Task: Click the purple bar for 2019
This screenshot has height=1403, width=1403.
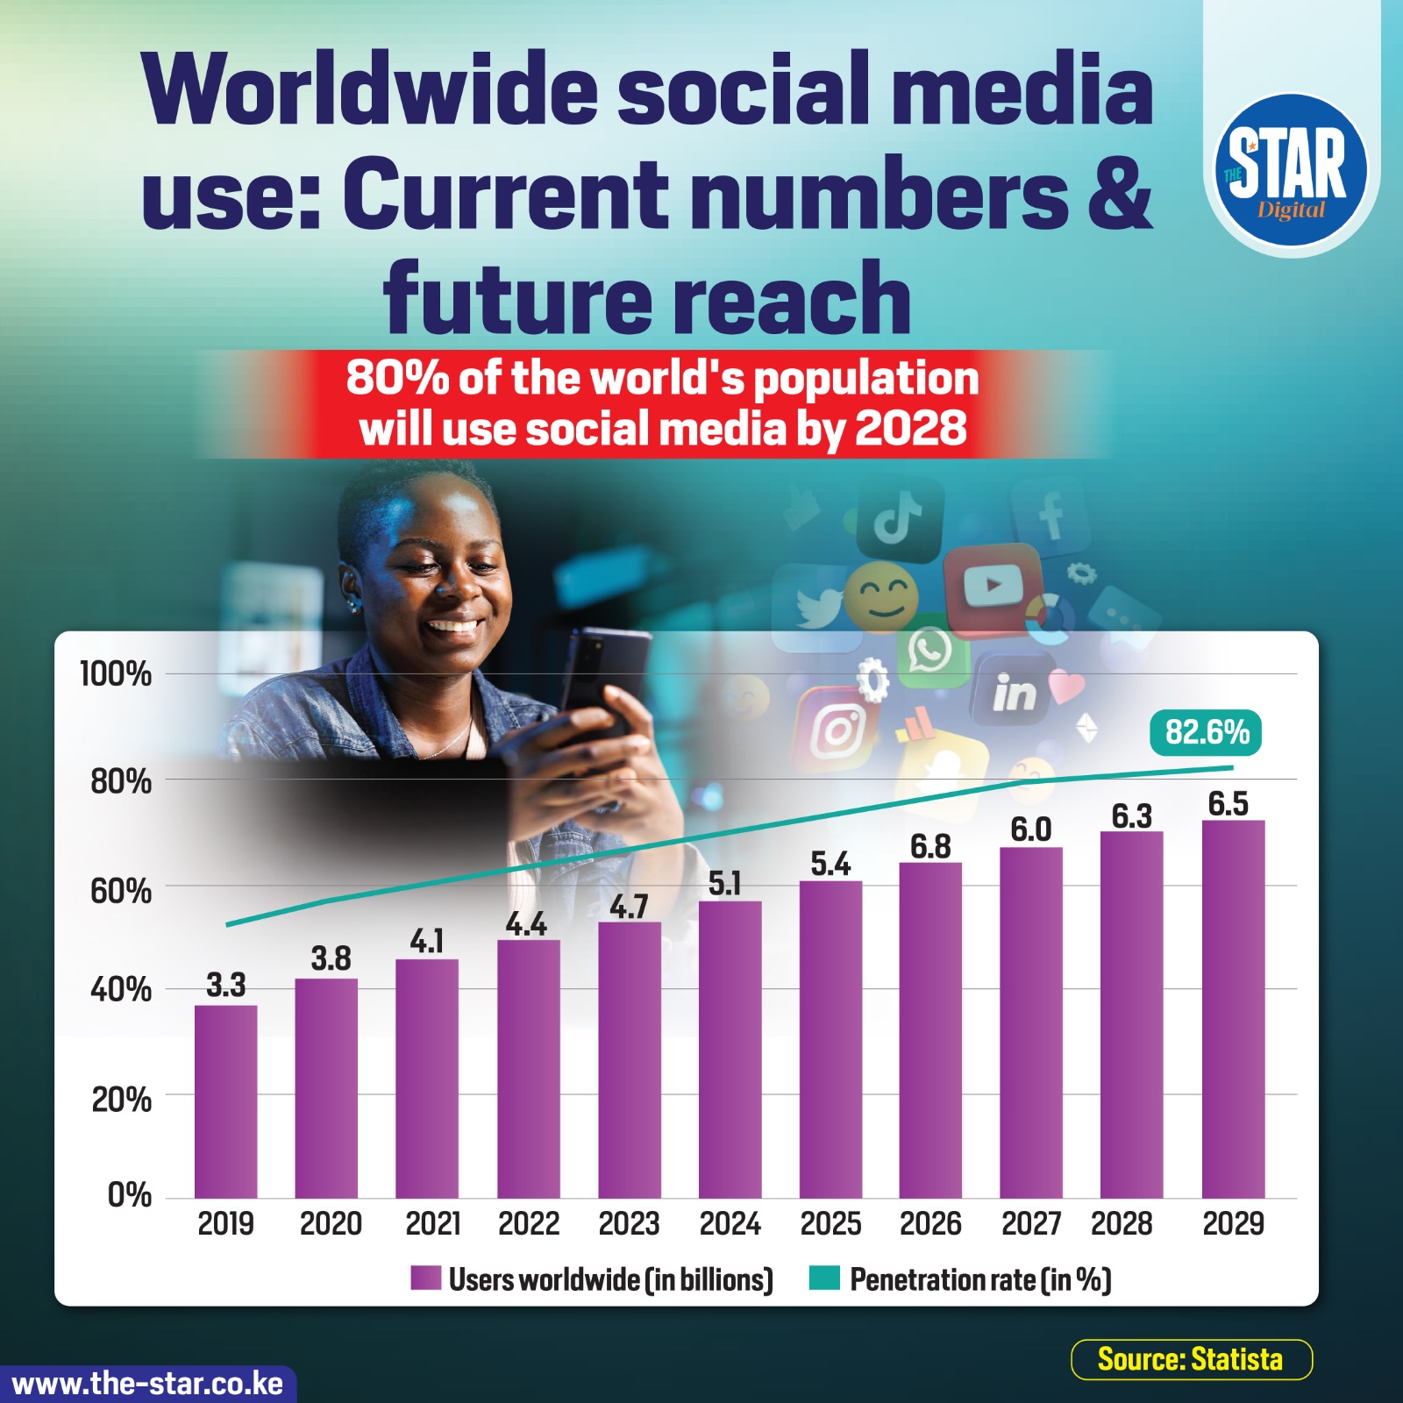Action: tap(225, 1101)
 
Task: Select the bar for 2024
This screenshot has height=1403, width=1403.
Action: tap(730, 1050)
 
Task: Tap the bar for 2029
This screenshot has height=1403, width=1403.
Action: tap(1233, 1009)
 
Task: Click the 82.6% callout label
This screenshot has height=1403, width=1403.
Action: tap(1207, 732)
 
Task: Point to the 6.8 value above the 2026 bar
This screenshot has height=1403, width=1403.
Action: tap(930, 846)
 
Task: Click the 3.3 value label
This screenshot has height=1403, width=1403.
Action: tap(225, 986)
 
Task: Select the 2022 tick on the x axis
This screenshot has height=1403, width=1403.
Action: tap(529, 1223)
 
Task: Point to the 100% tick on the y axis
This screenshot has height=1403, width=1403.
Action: tap(115, 674)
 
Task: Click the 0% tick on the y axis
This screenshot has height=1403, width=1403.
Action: tap(129, 1195)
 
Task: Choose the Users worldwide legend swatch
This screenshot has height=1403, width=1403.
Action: tap(425, 1278)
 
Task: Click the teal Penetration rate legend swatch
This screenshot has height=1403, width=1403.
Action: tap(824, 1278)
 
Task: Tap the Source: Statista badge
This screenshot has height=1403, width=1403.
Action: tap(1191, 1359)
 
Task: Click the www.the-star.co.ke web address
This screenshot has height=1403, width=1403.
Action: tap(147, 1384)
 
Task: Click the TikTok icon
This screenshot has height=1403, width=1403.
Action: tap(900, 520)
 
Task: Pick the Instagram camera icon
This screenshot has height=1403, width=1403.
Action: tap(837, 730)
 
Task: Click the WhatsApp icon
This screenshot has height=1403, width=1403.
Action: tap(931, 651)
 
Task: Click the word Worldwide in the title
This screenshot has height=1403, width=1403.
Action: tap(372, 89)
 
